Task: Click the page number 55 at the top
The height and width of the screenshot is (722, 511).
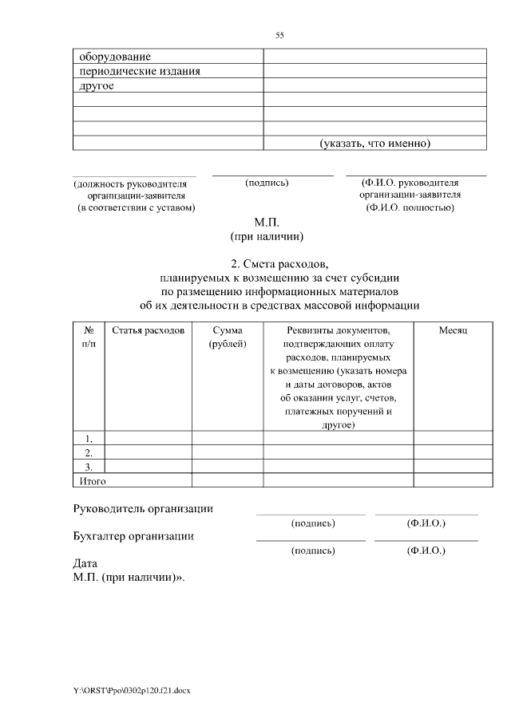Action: (279, 35)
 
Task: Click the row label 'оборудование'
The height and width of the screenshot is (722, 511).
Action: (115, 57)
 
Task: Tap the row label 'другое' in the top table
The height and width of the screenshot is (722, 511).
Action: (96, 85)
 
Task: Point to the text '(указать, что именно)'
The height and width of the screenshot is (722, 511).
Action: (375, 144)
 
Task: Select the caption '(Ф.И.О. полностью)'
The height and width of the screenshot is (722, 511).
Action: (410, 207)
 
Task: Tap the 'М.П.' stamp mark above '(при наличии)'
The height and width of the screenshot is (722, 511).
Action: (267, 224)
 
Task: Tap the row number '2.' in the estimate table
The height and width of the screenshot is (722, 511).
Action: (89, 452)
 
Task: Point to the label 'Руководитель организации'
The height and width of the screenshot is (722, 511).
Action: (143, 509)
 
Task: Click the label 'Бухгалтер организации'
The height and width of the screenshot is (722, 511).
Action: (133, 536)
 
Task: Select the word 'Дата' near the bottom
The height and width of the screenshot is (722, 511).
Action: (85, 562)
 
